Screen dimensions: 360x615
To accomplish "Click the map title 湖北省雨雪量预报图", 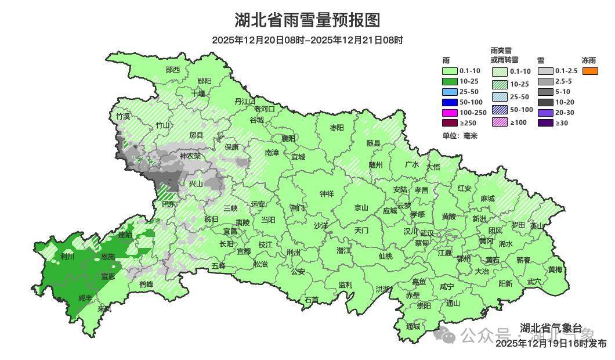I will tap(307, 20).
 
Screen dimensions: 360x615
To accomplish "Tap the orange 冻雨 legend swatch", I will tap(591, 71).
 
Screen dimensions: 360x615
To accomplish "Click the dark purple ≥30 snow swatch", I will tap(545, 123).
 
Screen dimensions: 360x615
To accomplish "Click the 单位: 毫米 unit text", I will tap(459, 136).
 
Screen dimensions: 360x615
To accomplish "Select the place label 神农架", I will tap(190, 156).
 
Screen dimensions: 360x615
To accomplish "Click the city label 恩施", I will tap(108, 256).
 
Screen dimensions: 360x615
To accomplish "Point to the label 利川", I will tap(67, 256).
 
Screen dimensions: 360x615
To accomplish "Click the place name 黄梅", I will tap(555, 269).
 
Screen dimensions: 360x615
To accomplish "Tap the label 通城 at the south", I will tap(413, 326).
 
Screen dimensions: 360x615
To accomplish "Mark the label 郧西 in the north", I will tap(173, 70).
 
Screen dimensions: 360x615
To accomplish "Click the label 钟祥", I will tap(327, 194).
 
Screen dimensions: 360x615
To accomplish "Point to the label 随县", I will tap(373, 143).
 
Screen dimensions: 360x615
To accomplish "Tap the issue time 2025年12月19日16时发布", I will tap(551, 344).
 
